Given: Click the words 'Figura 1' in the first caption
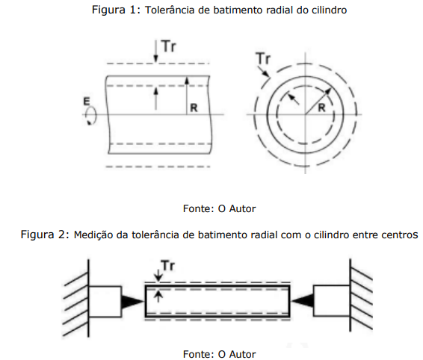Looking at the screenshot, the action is (x=114, y=10).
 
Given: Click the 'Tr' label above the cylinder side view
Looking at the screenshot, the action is (x=169, y=46).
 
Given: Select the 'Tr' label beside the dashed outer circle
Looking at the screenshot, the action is (x=263, y=58).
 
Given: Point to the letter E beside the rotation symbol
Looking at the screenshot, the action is (x=87, y=102).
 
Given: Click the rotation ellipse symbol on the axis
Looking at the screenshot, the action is (x=90, y=116).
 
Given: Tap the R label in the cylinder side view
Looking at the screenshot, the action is (x=194, y=108).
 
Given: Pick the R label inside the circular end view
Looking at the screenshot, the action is (x=321, y=108).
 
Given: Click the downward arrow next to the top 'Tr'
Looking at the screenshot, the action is (x=155, y=52).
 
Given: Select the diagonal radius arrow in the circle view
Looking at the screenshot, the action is (x=318, y=102).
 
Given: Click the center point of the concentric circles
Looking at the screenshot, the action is (x=305, y=114).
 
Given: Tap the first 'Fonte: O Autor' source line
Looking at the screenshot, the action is (x=219, y=208).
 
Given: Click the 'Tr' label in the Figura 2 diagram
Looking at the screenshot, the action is (x=168, y=266).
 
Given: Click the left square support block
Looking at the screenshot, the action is (x=105, y=301).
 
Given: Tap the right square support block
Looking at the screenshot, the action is (x=332, y=301).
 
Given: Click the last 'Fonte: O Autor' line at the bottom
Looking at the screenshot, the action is (x=219, y=354).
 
